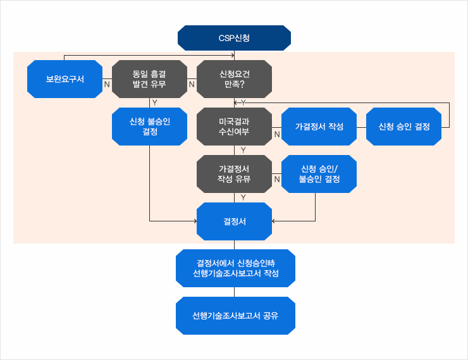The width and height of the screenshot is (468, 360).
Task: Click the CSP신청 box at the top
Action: pos(234,38)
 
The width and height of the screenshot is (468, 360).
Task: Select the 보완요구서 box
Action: pos(65,79)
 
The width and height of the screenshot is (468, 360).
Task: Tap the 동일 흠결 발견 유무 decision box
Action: pos(149,79)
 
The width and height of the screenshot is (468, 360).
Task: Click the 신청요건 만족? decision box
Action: pos(234,79)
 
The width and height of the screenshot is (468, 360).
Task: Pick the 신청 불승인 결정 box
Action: pos(149,127)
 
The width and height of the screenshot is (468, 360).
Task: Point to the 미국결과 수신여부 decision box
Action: pos(234,127)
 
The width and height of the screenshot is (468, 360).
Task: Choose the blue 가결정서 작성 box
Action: pos(319,127)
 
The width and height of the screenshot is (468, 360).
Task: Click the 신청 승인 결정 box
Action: pos(403,127)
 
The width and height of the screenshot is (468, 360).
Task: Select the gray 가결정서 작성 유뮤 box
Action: pos(234,174)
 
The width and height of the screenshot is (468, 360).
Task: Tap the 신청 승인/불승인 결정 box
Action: pos(319,174)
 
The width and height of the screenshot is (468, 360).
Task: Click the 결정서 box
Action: pos(234,221)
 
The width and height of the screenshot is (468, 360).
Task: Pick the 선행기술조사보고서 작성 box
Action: pos(235,269)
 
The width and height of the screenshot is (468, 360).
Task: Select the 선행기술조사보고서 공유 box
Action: pos(235,315)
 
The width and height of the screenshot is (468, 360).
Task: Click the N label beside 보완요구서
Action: pos(106,84)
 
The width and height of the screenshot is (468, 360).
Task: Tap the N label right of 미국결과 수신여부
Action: pos(276,134)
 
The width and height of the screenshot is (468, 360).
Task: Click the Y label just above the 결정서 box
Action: pos(243,197)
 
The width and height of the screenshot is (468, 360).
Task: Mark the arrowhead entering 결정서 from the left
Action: pos(194,221)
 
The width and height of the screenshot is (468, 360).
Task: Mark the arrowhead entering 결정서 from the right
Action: pos(274,221)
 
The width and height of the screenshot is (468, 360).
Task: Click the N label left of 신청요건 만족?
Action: pos(192,84)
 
